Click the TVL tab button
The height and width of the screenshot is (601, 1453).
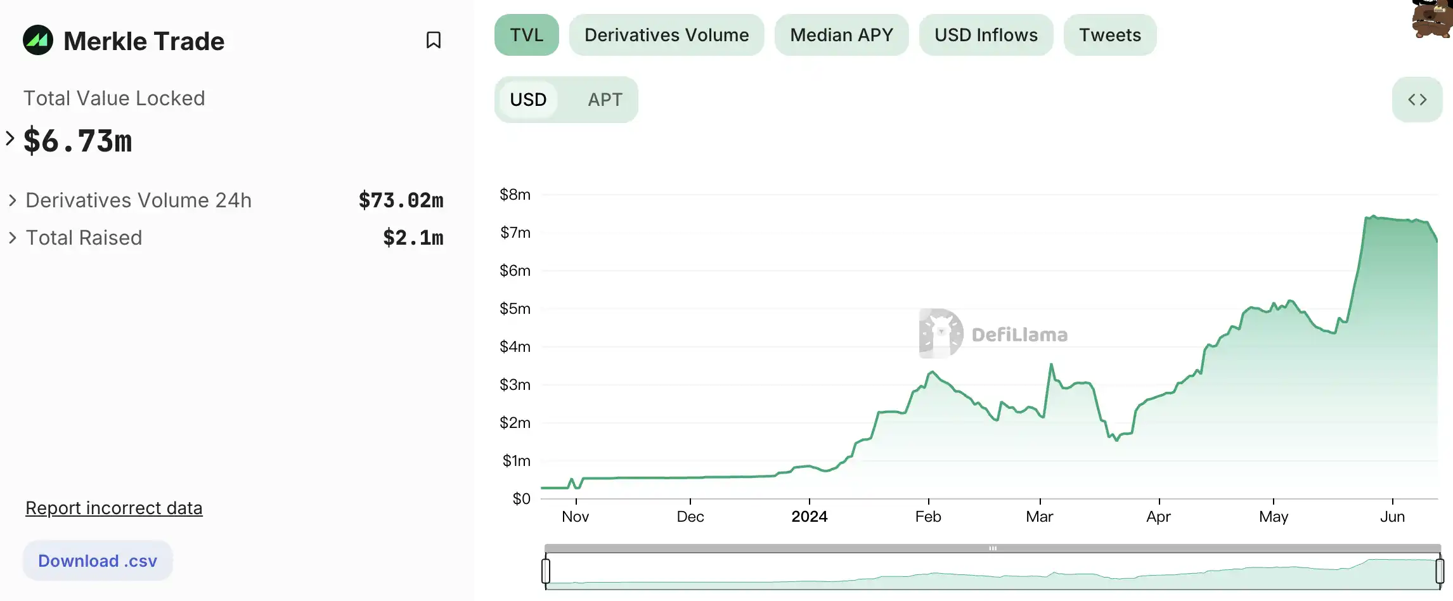(526, 35)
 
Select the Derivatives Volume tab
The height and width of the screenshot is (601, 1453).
(666, 35)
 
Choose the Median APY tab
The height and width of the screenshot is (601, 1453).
(841, 35)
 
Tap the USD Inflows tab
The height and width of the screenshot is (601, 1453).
(986, 35)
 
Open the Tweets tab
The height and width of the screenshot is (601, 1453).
(1109, 35)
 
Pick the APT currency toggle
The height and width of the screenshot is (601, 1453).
(605, 100)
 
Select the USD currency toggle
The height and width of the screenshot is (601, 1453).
(528, 100)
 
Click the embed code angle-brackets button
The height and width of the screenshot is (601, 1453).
(1417, 100)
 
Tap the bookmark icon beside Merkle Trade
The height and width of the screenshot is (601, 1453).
(434, 40)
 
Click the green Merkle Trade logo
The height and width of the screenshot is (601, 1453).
(38, 40)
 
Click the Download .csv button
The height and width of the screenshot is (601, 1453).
(98, 560)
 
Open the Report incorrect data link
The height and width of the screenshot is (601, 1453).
(114, 508)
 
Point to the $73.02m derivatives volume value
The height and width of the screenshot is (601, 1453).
(401, 200)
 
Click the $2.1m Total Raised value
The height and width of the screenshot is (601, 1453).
(413, 238)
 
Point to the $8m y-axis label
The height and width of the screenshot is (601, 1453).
(515, 195)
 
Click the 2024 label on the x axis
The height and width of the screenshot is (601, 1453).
(809, 517)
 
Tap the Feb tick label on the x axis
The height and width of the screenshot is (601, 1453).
(928, 517)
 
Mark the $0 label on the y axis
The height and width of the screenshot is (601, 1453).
(521, 499)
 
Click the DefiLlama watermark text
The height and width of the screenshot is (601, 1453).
(1019, 335)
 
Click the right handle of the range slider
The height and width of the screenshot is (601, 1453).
(1440, 571)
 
